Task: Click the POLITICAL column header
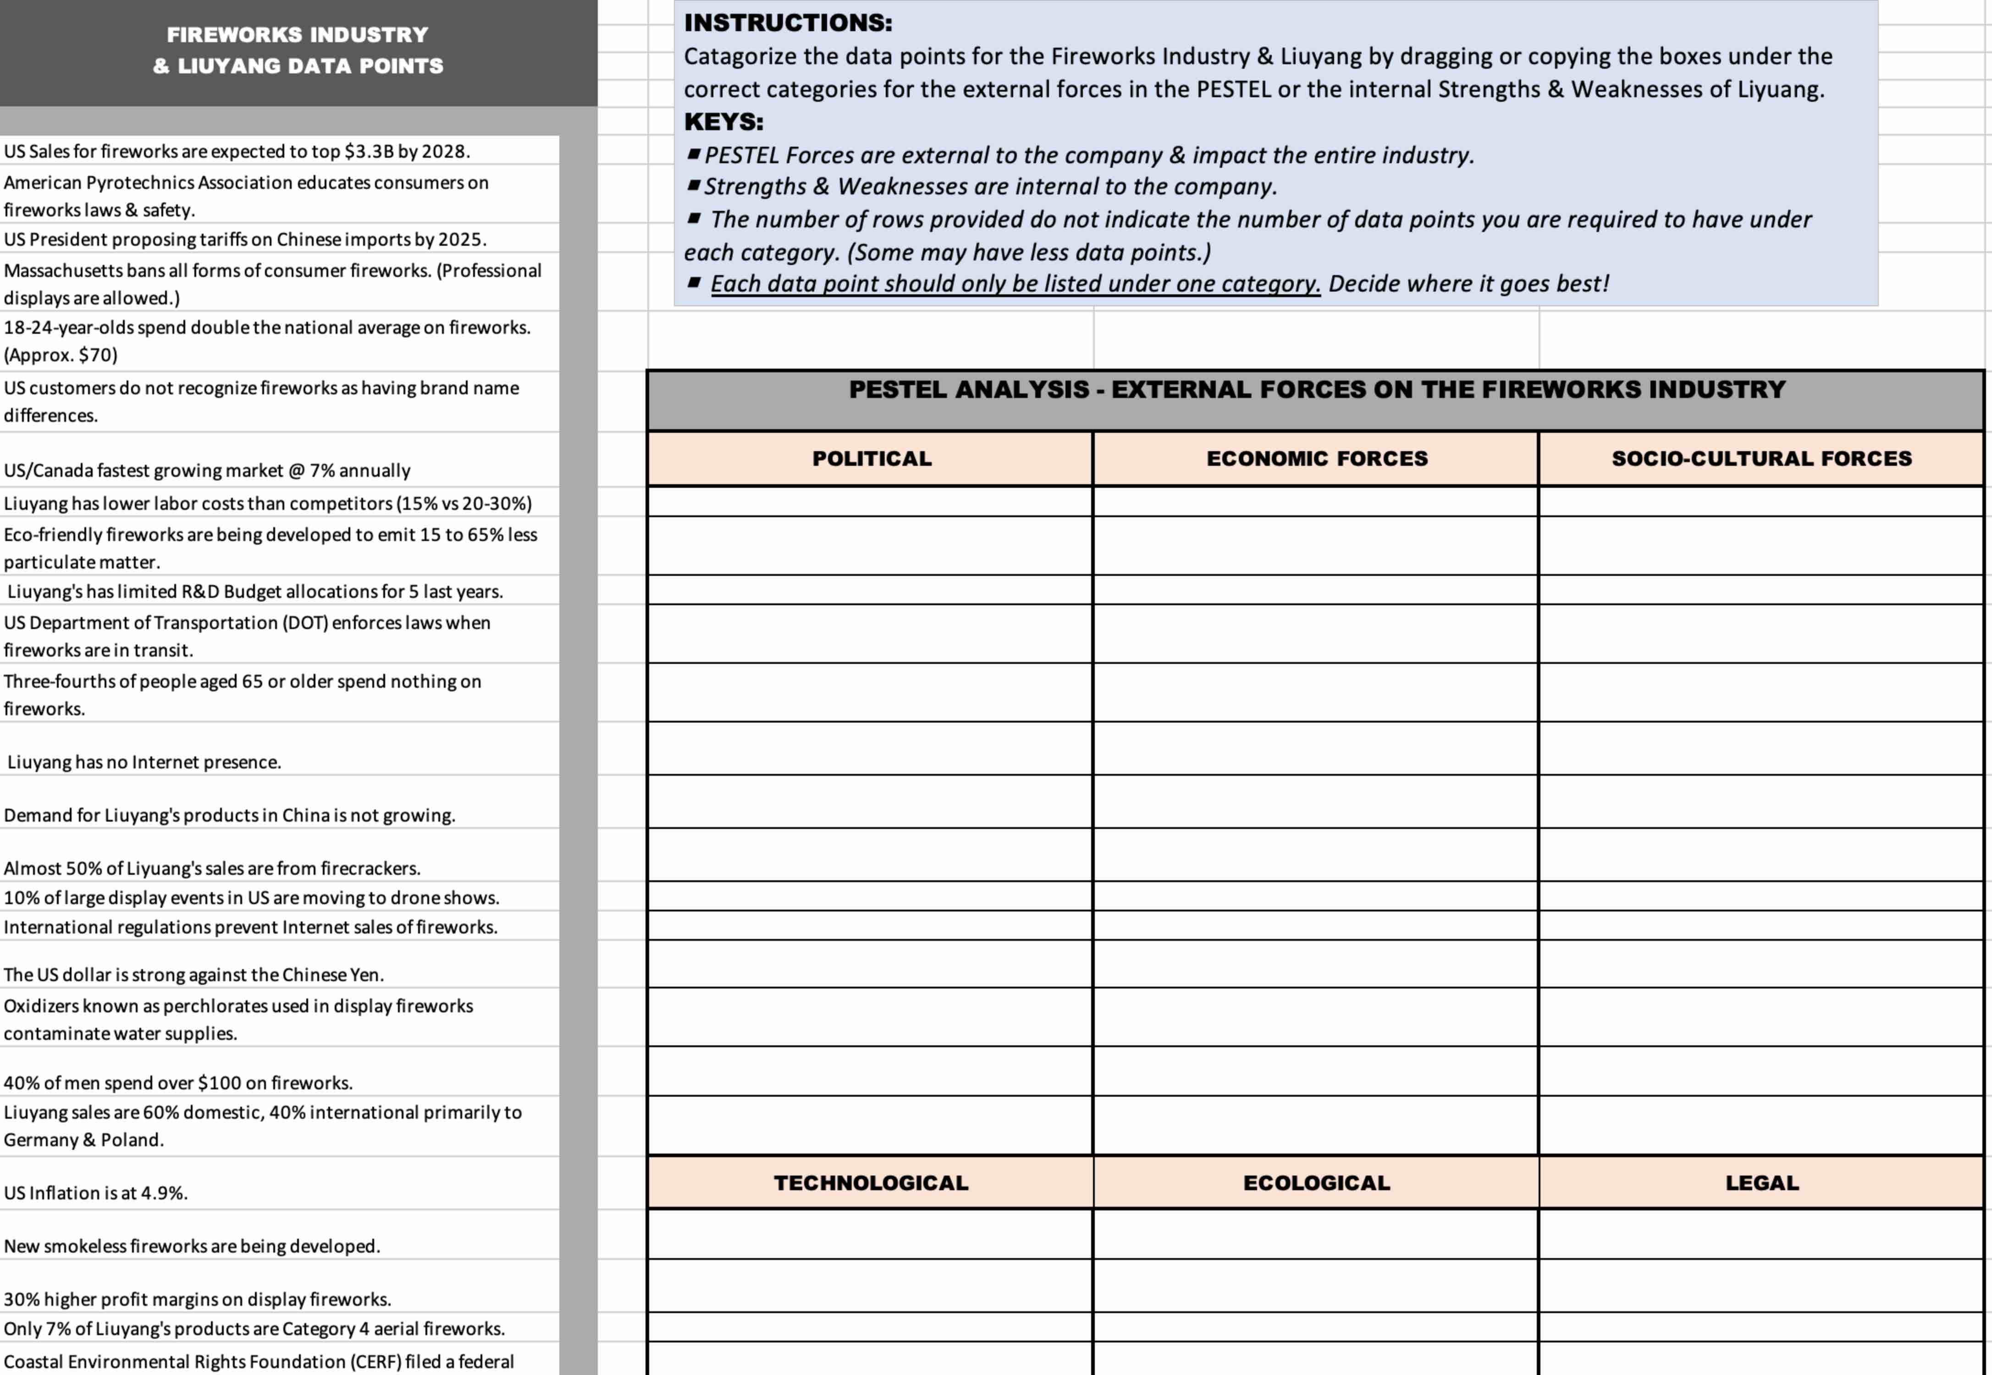872,458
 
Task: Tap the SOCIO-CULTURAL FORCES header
1761,458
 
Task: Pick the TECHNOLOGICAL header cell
871,1183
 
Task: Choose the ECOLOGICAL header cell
1316,1183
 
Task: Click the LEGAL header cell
1761,1183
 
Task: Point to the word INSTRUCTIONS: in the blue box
788,22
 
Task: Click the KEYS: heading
723,121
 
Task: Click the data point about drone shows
251,898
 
